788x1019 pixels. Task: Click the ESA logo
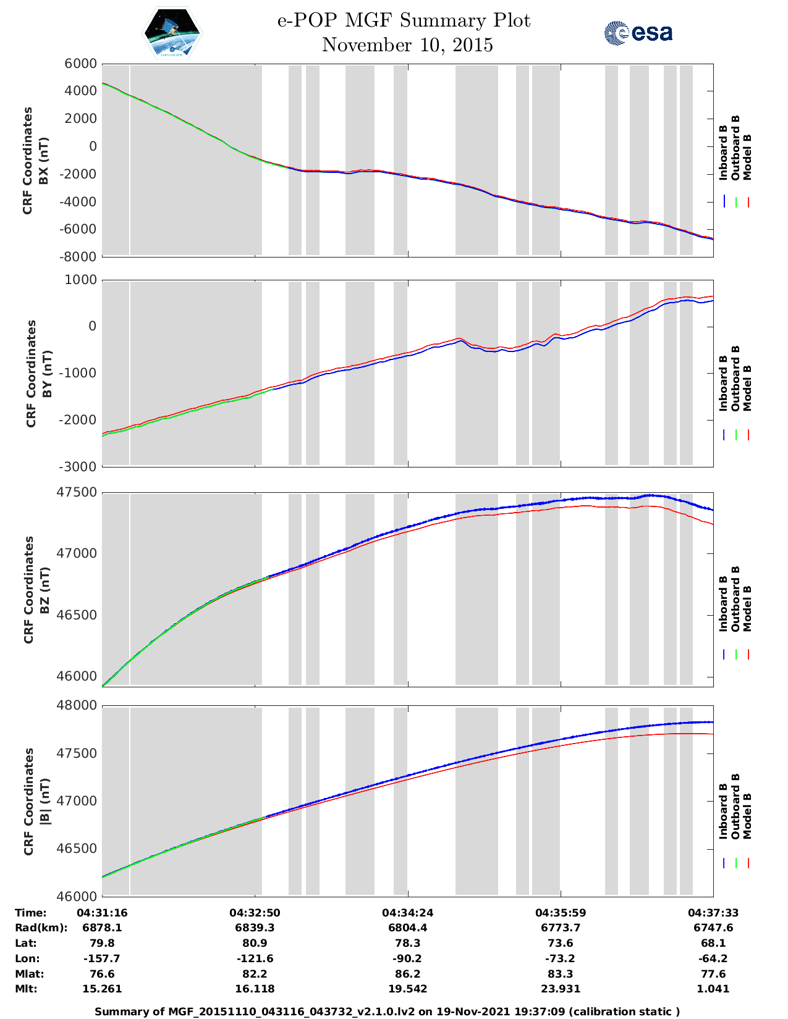(638, 33)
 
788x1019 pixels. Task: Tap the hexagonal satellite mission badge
(172, 33)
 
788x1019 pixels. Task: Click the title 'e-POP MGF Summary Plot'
(404, 20)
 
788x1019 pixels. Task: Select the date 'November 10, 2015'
(407, 45)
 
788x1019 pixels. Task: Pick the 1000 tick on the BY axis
(82, 280)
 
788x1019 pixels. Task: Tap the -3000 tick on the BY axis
(78, 467)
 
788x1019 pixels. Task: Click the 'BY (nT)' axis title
(46, 374)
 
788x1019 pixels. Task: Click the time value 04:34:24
(407, 913)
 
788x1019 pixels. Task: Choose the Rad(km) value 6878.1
(102, 928)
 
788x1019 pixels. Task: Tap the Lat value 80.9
(255, 943)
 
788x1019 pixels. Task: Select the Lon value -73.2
(560, 958)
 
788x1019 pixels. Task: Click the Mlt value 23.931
(560, 989)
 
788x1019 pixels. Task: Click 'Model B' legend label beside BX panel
(747, 157)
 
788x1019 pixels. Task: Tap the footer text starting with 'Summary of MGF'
(387, 1012)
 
